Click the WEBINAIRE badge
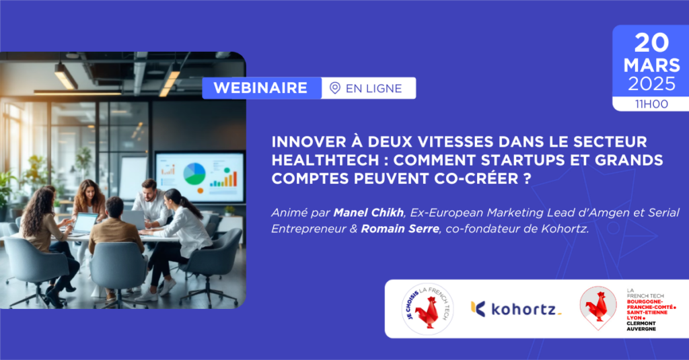[262, 88]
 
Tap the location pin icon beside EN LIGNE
[335, 88]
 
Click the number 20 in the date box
[651, 43]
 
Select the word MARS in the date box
[651, 65]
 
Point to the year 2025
[651, 84]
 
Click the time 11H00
[651, 104]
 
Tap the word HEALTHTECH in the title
[325, 160]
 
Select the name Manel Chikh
[368, 213]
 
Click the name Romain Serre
[400, 229]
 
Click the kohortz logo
[516, 309]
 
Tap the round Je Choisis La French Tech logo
[427, 309]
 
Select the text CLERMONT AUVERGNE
[641, 326]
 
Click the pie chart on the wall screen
[194, 174]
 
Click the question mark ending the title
[528, 178]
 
